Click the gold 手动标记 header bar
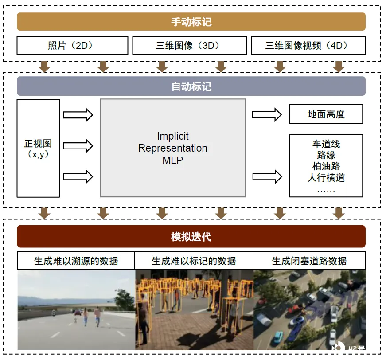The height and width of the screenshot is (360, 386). click(x=191, y=22)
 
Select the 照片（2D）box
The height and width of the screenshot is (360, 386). click(x=72, y=45)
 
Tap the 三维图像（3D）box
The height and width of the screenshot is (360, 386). click(x=190, y=45)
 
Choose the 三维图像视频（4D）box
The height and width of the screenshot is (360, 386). click(x=308, y=45)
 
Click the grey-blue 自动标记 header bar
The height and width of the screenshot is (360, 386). click(x=191, y=86)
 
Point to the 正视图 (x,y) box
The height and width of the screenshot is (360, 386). click(x=38, y=148)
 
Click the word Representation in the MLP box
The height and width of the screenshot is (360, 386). click(x=172, y=148)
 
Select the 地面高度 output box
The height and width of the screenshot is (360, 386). click(x=326, y=114)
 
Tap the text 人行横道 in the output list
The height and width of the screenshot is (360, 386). click(x=326, y=177)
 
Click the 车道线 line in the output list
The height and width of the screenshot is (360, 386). click(x=326, y=144)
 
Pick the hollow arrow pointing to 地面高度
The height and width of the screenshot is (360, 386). click(x=267, y=114)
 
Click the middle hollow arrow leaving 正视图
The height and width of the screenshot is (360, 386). click(x=78, y=146)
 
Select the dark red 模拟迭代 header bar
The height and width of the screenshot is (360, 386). click(x=191, y=236)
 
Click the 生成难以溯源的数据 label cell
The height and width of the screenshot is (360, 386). click(x=76, y=261)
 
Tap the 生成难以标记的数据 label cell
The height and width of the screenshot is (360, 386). click(x=194, y=261)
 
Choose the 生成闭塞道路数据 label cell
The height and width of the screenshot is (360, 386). click(x=309, y=261)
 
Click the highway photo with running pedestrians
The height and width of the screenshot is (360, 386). click(x=76, y=310)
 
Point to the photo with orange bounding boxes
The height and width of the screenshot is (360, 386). click(x=194, y=310)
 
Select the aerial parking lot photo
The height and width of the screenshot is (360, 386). click(x=309, y=310)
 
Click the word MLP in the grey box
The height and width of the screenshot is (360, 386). click(x=172, y=160)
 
